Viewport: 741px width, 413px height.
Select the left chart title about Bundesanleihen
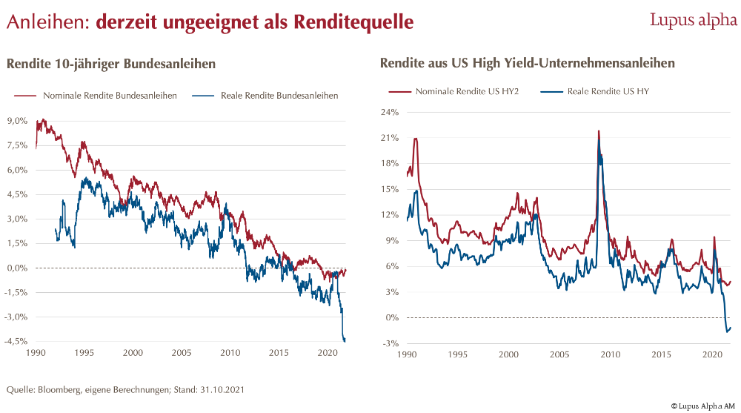point(111,64)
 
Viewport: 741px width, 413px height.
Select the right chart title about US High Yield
point(527,63)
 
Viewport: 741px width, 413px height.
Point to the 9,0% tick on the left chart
point(17,120)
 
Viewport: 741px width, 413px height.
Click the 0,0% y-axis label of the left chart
point(17,268)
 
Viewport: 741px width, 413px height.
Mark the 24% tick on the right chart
point(391,112)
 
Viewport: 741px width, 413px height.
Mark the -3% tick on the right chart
point(392,343)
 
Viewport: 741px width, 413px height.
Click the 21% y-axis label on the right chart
point(391,138)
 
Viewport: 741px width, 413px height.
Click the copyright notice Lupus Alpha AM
point(703,406)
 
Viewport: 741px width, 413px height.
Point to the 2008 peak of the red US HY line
point(598,131)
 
